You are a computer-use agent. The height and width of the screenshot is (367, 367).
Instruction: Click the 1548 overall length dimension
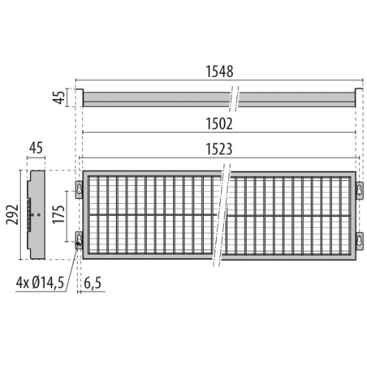(x=219, y=72)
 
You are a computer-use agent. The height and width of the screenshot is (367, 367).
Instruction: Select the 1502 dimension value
(x=219, y=123)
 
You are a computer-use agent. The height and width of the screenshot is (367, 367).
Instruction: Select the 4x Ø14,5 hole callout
(x=41, y=283)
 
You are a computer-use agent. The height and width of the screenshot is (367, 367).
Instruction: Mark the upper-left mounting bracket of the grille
(x=78, y=188)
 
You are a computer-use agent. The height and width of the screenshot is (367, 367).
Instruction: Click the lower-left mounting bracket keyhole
(x=78, y=239)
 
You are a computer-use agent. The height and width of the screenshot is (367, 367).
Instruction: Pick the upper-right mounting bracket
(x=360, y=188)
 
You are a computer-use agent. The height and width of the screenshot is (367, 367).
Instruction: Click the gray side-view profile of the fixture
(x=36, y=214)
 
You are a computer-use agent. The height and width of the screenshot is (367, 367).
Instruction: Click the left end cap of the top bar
(x=81, y=98)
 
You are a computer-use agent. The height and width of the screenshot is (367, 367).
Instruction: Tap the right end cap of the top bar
(x=356, y=98)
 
